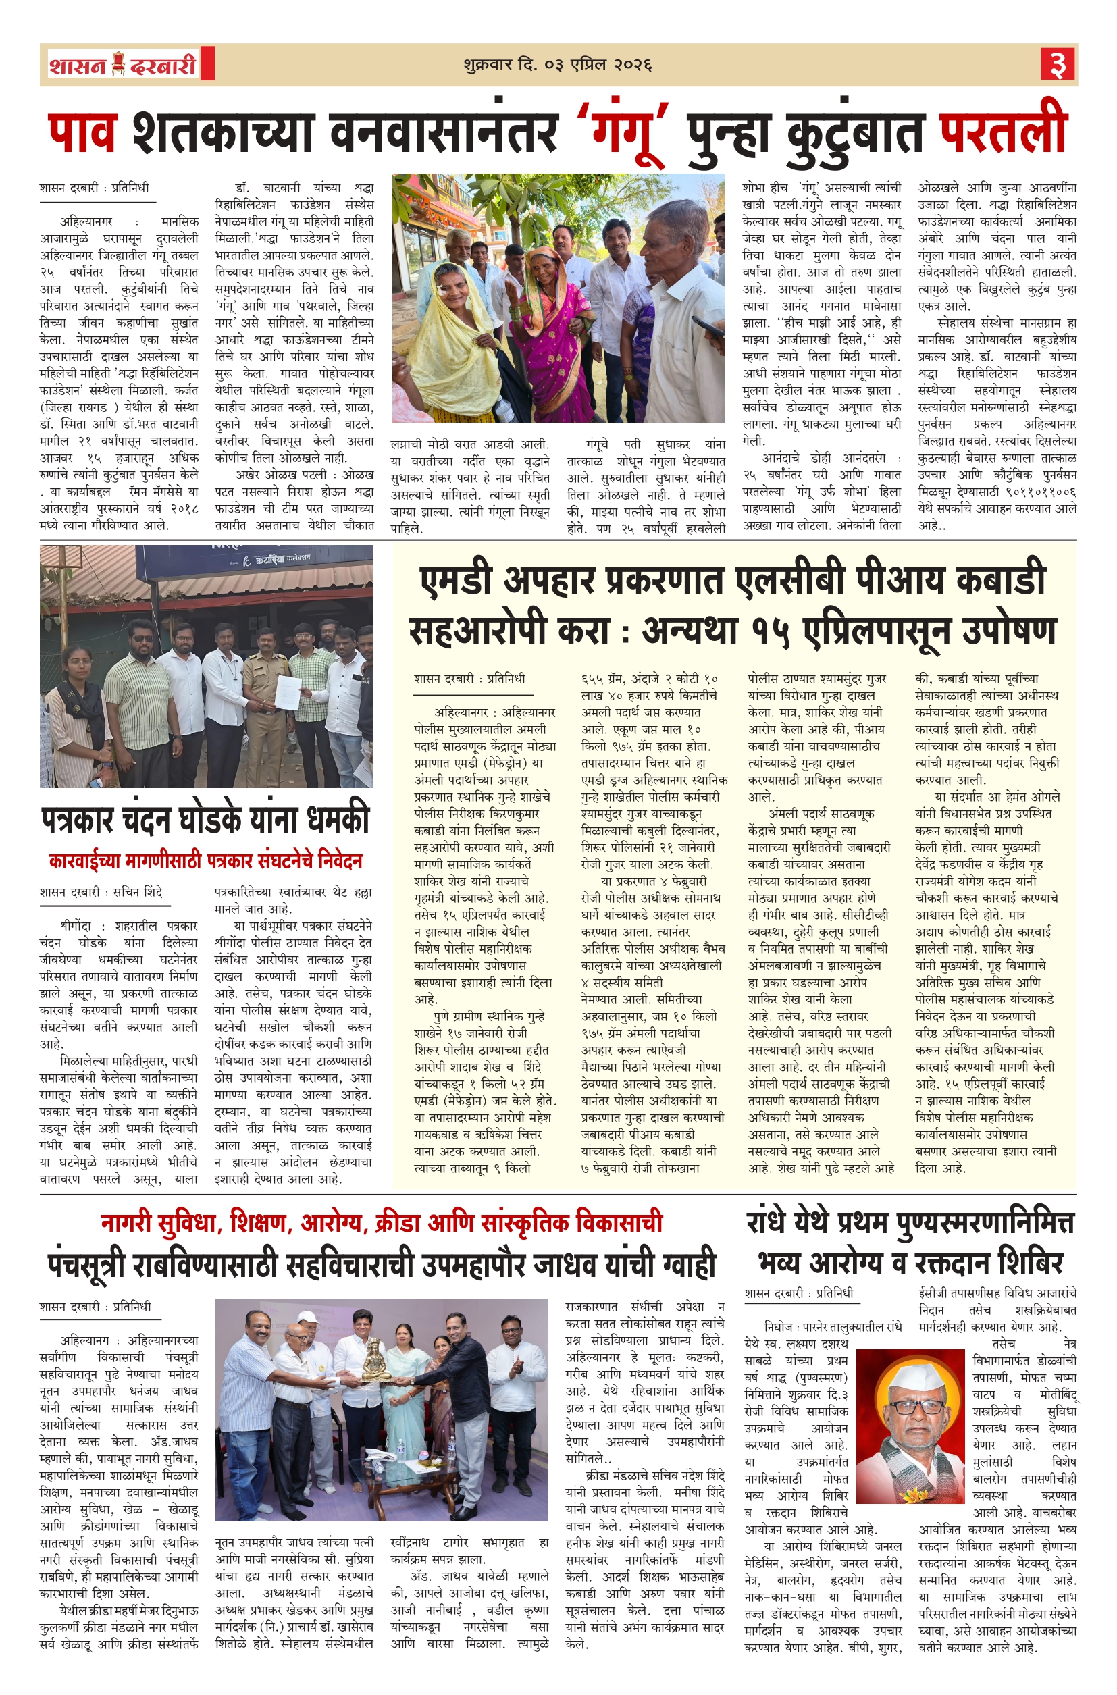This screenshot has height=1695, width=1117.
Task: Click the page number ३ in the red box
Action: [1058, 65]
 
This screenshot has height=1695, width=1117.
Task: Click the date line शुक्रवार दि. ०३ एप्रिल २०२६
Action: [558, 65]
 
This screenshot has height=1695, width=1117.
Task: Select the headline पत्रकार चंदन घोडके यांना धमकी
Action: [205, 820]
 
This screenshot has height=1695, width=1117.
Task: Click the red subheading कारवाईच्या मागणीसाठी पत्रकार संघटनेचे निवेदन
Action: [205, 861]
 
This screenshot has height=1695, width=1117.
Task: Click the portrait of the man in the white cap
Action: [913, 1424]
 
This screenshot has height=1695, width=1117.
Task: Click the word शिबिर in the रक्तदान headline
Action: [1029, 1263]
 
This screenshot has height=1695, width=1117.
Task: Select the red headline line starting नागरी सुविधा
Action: [381, 1223]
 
